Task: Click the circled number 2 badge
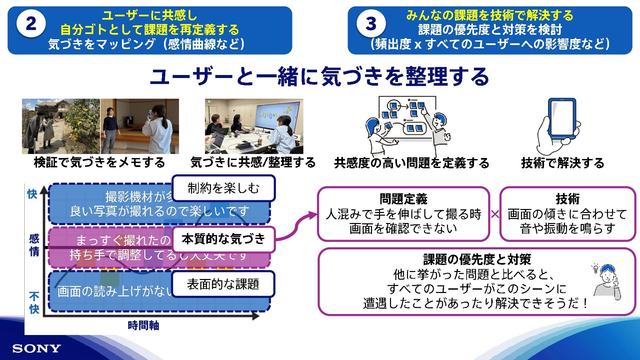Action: coord(31,24)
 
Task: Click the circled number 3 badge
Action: coord(371,24)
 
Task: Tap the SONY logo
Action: coord(37,349)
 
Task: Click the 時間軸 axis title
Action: coord(143,325)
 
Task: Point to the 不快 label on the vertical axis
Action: coord(34,303)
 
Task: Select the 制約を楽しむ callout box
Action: coord(223,188)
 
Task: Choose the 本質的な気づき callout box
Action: coord(223,239)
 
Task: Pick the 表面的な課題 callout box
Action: coord(223,284)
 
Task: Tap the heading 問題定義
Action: coord(403,199)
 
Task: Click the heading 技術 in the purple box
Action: coord(567,199)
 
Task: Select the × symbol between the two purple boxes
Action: coord(495,214)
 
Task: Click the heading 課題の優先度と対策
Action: coord(477,259)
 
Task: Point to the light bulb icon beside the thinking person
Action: coord(596,269)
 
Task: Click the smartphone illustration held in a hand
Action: coord(562,118)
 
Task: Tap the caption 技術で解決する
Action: coord(562,163)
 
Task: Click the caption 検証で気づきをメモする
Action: coord(100,162)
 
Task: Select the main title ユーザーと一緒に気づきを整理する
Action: coord(319,77)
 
